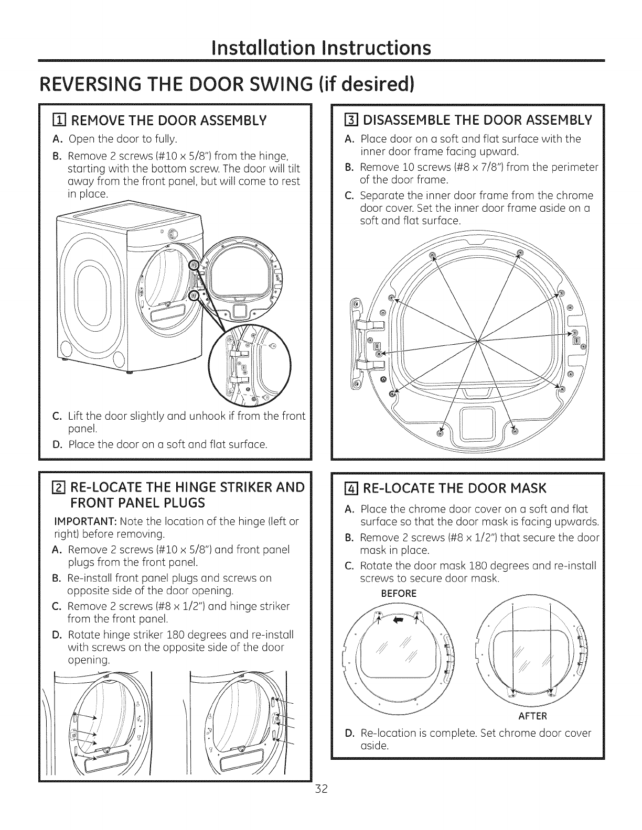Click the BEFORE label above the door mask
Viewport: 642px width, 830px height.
tap(399, 594)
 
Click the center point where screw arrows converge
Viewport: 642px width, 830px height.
tap(478, 341)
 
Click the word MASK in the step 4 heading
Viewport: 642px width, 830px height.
tap(527, 488)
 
